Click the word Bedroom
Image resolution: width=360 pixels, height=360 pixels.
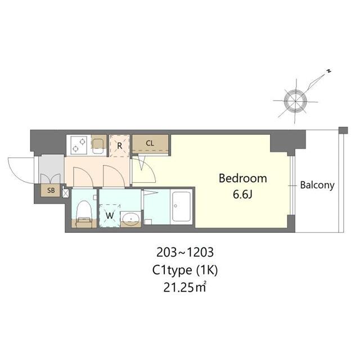point(242,178)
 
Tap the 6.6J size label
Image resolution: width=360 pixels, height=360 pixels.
point(242,195)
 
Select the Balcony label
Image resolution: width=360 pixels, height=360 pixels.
point(317,185)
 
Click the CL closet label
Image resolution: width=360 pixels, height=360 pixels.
point(150,143)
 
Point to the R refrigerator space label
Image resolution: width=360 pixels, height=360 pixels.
point(119,146)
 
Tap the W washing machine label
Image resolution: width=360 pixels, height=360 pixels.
point(110,215)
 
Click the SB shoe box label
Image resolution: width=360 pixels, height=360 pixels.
point(51,190)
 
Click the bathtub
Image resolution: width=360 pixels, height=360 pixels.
point(181,206)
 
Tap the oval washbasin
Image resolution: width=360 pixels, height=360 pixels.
point(130,218)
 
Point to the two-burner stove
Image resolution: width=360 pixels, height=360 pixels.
point(79,145)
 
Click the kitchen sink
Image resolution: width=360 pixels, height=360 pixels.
point(99,144)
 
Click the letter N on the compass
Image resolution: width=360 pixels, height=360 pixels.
point(329,71)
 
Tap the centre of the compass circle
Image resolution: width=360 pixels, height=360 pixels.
point(295,101)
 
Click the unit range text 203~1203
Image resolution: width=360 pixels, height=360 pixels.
point(185,253)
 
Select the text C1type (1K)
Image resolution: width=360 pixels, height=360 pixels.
point(185,270)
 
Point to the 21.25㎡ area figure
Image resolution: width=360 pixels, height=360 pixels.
point(184,287)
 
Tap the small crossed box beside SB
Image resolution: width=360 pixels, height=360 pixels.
point(65,193)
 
